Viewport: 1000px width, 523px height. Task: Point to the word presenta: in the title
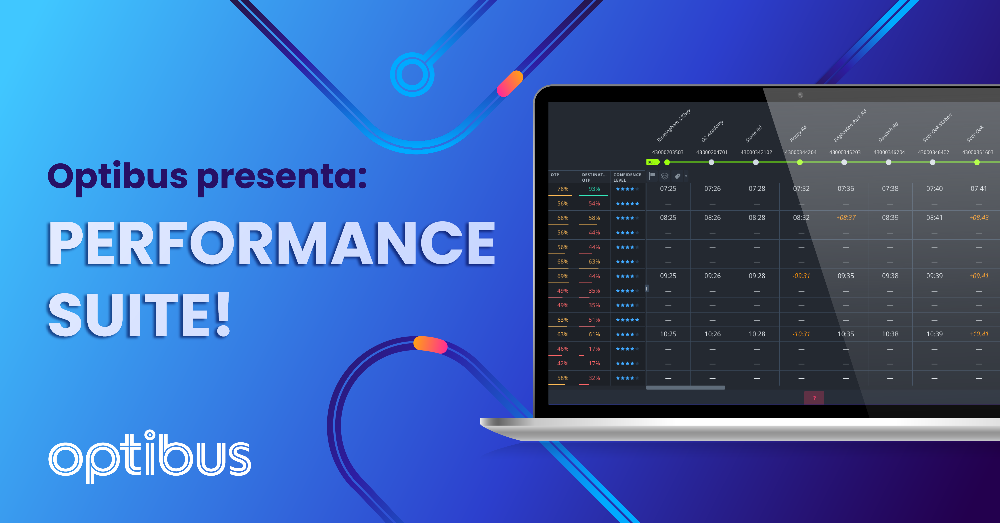(282, 177)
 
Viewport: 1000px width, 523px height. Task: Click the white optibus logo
(149, 457)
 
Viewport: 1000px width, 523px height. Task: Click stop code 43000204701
(712, 152)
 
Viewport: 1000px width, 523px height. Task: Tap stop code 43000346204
(889, 152)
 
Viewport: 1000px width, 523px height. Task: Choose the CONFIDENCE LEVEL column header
(627, 177)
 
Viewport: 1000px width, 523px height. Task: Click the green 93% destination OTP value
(594, 189)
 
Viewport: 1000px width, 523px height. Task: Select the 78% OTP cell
(562, 189)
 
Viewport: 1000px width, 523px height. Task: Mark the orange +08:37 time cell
(845, 218)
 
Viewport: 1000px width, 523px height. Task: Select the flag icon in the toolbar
(652, 176)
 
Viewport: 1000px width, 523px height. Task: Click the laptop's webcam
(800, 95)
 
